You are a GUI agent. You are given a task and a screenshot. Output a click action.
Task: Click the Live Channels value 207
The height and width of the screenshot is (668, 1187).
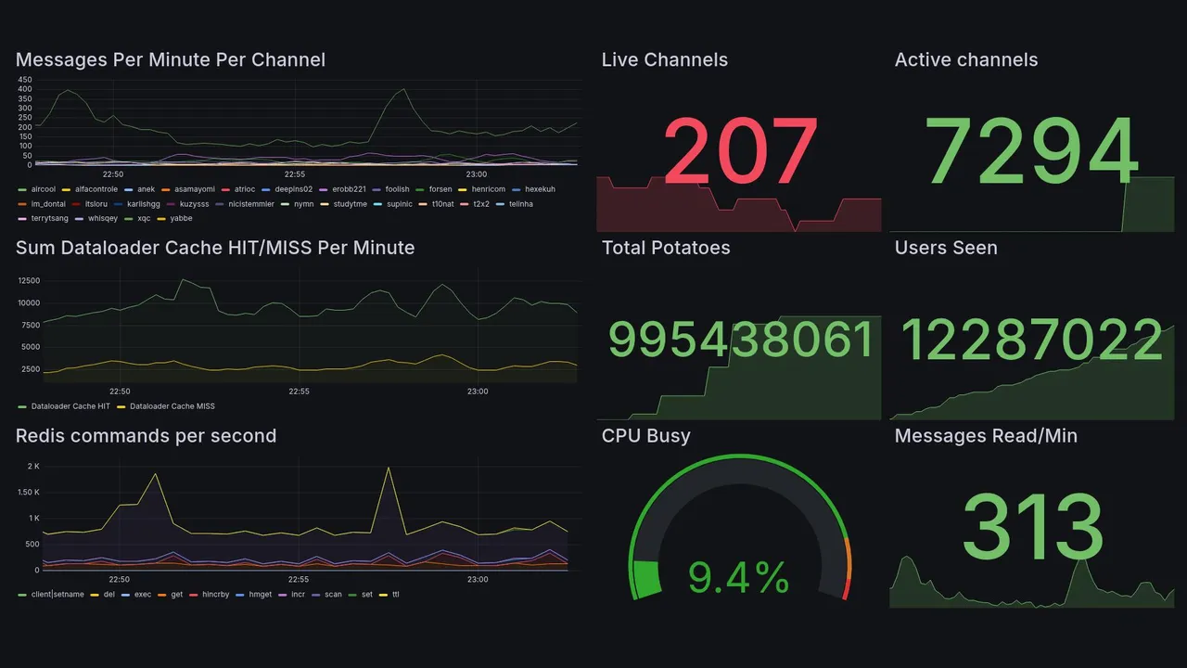coord(740,151)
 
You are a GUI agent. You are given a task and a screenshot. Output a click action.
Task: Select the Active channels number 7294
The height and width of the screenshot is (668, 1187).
coord(1032,151)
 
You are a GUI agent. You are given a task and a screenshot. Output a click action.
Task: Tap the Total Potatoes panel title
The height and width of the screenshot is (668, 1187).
coord(666,248)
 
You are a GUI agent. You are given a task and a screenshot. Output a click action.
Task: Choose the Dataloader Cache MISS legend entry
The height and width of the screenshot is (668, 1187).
coord(172,406)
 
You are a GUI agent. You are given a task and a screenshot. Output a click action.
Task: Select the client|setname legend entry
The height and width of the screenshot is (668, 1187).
coord(57,594)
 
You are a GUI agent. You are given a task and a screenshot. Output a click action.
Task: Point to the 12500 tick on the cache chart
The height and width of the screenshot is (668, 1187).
coord(29,280)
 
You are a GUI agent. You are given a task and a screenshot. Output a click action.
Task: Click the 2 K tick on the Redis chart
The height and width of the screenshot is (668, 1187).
coord(33,466)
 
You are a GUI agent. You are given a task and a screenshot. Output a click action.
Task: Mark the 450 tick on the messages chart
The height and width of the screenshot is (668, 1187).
coord(25,81)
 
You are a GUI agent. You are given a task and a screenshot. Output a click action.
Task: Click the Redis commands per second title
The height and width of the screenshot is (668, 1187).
coord(146,436)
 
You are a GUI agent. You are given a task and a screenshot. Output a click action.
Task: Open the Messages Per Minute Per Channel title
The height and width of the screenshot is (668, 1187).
coord(171,60)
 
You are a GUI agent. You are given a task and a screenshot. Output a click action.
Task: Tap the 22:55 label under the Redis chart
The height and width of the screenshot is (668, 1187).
coord(299,580)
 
